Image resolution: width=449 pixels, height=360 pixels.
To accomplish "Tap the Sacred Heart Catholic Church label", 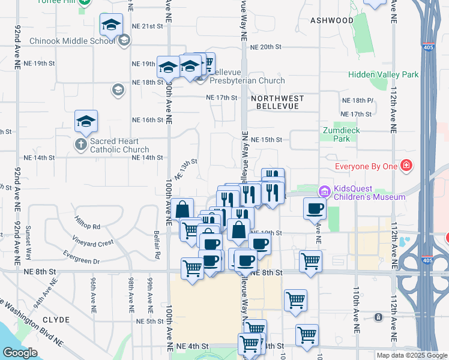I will [x=119, y=146].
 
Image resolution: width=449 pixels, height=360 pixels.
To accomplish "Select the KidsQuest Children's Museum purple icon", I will [x=325, y=191].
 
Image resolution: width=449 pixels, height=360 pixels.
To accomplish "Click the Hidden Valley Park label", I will [x=384, y=75].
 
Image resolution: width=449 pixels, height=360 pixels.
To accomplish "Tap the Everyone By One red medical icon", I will [x=406, y=165].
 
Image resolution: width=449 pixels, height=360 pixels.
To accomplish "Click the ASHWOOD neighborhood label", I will [x=332, y=20].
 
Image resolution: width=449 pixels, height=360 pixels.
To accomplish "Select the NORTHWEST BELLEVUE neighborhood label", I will [x=277, y=102].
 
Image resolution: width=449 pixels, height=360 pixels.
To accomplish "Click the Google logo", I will [x=20, y=353].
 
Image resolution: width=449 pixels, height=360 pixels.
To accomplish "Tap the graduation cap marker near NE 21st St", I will [x=111, y=26].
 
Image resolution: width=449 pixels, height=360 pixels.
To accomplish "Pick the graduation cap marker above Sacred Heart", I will [x=86, y=122].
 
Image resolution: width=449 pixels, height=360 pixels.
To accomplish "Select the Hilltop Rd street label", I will [x=88, y=222].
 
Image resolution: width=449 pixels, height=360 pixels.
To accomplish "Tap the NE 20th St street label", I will [x=266, y=47].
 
